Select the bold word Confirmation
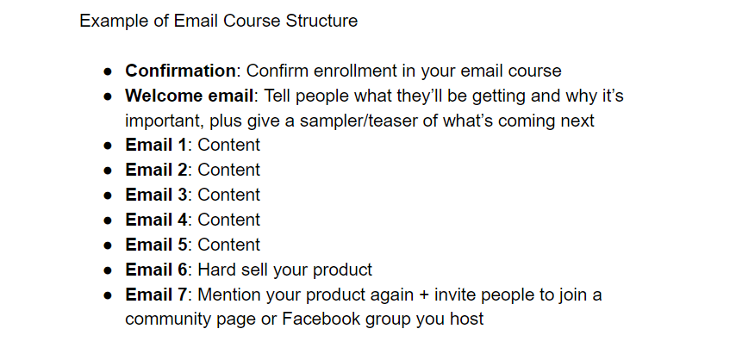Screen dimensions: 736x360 (x=180, y=71)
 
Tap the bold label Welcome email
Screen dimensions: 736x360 (x=189, y=96)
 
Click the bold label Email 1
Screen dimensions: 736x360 (x=156, y=145)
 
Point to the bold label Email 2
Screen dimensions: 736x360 (x=156, y=170)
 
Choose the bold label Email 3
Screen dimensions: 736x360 (x=156, y=195)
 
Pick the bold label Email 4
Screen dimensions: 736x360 (x=156, y=220)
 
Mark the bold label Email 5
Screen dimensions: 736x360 (x=156, y=245)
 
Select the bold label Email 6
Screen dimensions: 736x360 (x=156, y=270)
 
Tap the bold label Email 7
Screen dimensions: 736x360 (x=156, y=295)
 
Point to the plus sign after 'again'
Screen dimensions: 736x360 (x=424, y=295)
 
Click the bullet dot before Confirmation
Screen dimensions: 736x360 (x=109, y=71)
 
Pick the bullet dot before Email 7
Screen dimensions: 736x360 (x=109, y=295)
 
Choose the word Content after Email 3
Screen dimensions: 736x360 (x=229, y=195)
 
